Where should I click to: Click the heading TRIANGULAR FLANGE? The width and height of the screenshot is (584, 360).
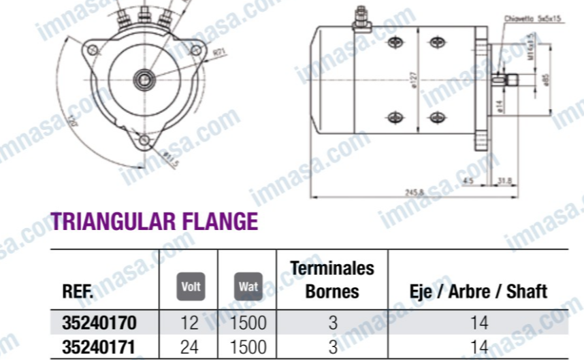155,221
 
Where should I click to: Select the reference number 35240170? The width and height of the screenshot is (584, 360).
99,322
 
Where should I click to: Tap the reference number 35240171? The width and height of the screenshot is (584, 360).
99,346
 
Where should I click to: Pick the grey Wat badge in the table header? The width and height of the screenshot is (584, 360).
248,287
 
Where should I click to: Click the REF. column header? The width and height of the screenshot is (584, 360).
78,292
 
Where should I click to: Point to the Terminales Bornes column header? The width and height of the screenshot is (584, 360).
332,280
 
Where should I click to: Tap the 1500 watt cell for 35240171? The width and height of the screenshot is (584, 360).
248,346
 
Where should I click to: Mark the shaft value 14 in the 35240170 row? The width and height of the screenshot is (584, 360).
479,322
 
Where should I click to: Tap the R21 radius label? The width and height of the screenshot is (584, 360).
218,52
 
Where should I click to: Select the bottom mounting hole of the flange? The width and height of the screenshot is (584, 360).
145,140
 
